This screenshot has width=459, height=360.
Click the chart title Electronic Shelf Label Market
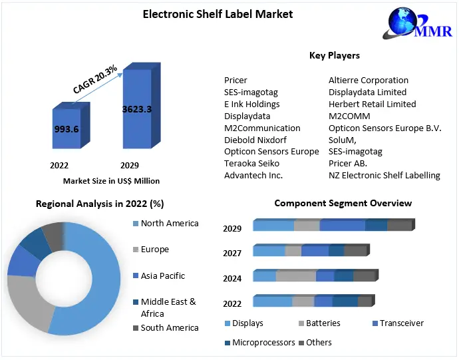pos(218,13)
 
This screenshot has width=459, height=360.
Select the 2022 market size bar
pos(67,128)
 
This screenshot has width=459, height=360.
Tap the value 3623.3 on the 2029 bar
pos(137,109)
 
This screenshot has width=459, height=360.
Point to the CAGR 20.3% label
pos(94,79)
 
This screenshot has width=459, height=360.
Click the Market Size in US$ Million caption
pos(111,180)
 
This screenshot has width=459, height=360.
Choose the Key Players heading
pos(335,55)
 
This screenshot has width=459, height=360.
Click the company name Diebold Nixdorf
pos(255,140)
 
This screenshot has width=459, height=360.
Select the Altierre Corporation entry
pos(369,80)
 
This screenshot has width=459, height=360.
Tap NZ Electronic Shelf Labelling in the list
pos(384,176)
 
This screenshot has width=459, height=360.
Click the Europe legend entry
pos(154,250)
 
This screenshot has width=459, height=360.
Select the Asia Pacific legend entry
pos(162,275)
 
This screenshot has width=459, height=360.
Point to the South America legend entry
pos(169,327)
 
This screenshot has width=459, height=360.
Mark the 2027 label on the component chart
pos(232,254)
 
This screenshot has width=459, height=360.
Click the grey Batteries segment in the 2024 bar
pos(296,276)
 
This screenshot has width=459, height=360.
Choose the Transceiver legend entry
pos(401,323)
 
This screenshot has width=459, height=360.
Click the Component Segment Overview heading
pos(343,203)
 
